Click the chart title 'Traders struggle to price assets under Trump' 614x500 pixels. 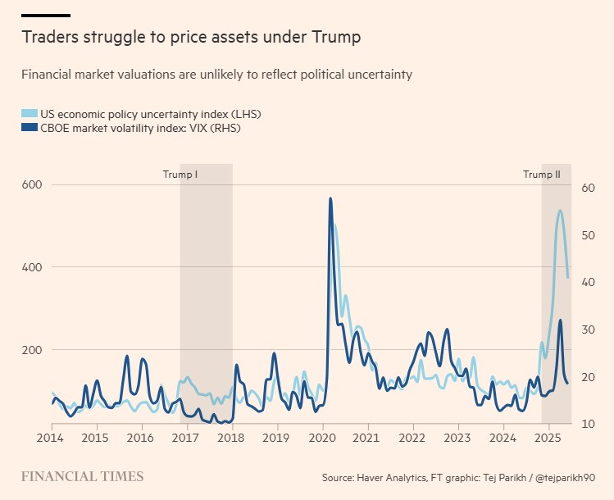coord(191,37)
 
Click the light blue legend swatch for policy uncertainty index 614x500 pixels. coord(30,113)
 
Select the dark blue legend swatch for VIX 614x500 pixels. coord(30,128)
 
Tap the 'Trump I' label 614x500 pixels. coord(180,175)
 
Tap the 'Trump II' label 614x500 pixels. coord(542,175)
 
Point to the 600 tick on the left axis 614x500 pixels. coord(32,185)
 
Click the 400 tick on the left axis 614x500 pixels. coord(32,267)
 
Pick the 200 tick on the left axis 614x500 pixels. coord(32,350)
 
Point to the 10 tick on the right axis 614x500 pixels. coord(587,424)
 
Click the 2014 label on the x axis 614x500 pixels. coord(52,438)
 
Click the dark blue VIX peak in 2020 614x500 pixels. coord(330,198)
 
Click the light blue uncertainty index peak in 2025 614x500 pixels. coord(560,211)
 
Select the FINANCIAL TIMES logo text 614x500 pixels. coord(82,476)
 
